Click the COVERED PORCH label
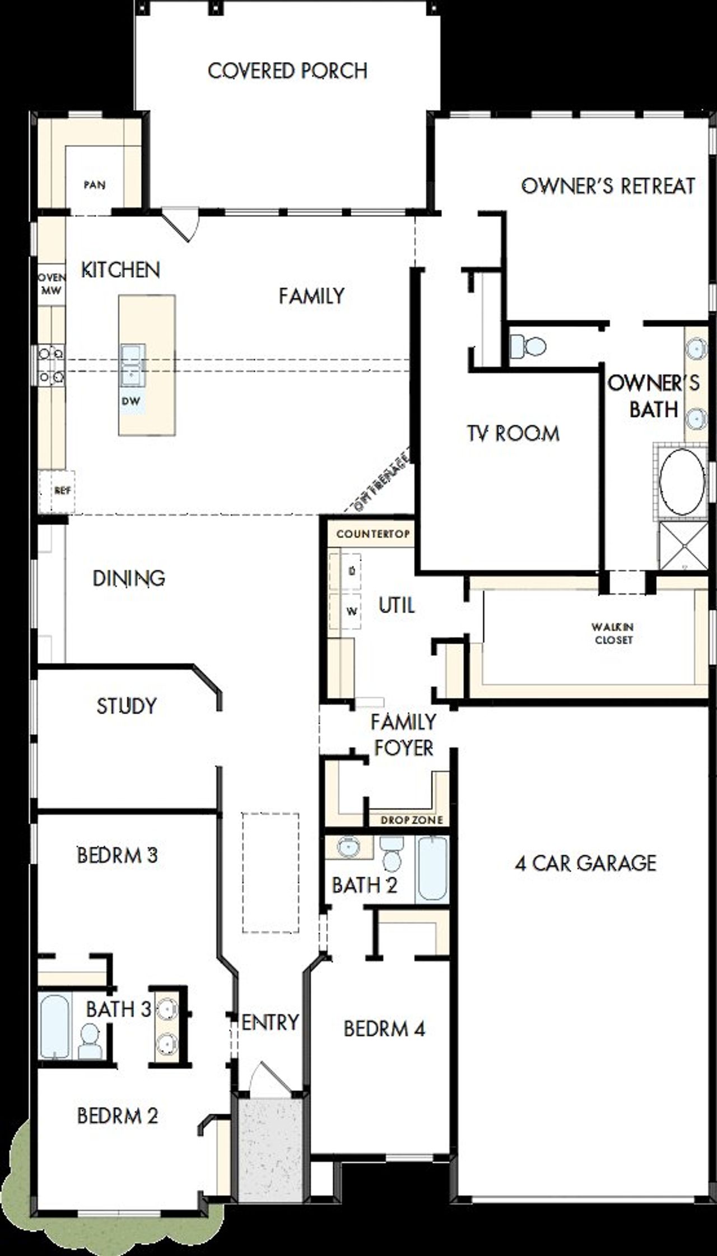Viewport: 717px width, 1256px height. pos(287,71)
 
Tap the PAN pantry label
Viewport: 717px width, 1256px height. pos(95,184)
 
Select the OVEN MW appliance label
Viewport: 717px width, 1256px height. pos(52,284)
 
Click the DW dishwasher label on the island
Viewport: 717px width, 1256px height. pos(131,401)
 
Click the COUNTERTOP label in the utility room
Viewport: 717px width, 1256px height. pos(373,534)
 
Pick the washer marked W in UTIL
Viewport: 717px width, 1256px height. pos(351,611)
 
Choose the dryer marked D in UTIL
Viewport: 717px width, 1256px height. pos(351,571)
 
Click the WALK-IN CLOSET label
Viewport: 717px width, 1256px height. pos(613,633)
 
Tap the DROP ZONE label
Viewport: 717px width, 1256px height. pos(412,820)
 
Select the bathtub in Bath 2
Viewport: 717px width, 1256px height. pos(432,868)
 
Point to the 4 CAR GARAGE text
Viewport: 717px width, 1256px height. pos(585,863)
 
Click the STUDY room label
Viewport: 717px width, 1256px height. pos(127,706)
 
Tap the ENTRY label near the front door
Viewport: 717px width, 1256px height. pos(270,1022)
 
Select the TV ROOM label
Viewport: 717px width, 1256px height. pos(513,433)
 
